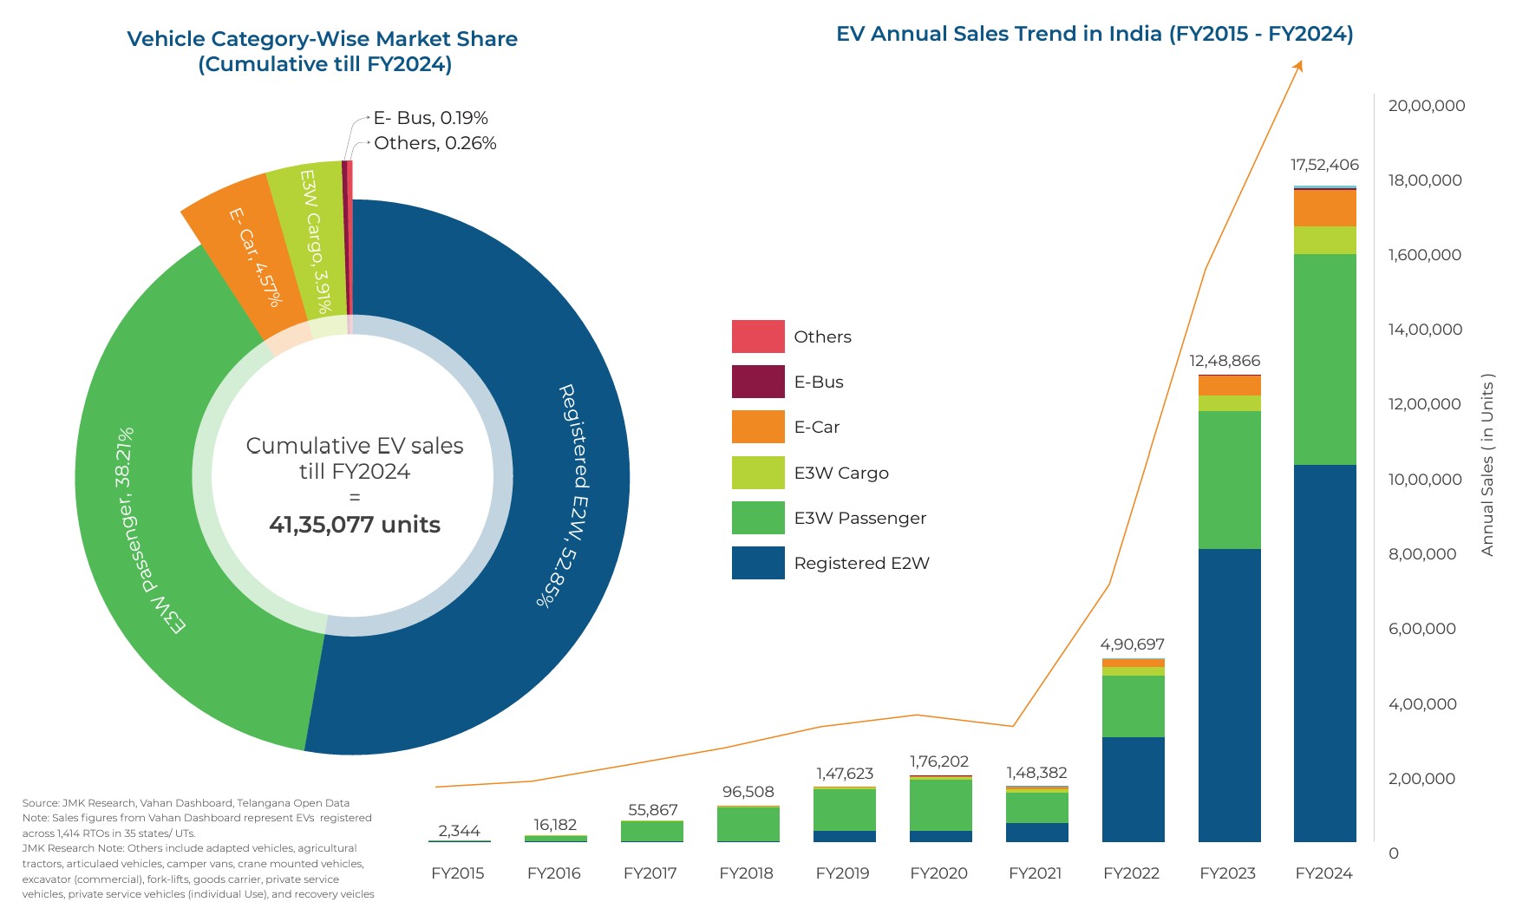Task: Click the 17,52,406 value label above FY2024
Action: (x=1324, y=165)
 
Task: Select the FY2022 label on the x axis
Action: (x=1131, y=873)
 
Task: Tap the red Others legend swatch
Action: (x=758, y=337)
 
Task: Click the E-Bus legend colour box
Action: (x=758, y=382)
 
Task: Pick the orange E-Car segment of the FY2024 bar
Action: (x=1324, y=208)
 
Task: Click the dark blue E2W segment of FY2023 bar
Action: (x=1229, y=694)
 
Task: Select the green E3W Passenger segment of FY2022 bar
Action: (x=1133, y=706)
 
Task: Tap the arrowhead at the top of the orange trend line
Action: (x=1298, y=65)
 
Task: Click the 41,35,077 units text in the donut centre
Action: (x=355, y=525)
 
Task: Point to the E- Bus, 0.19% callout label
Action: (x=430, y=118)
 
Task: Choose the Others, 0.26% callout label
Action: (x=435, y=143)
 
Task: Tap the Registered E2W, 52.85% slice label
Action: (x=572, y=494)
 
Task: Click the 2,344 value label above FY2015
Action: (x=459, y=831)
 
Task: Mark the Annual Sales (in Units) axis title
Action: (x=1487, y=465)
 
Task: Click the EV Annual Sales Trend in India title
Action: (x=1095, y=34)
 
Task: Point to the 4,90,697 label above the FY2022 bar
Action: (x=1132, y=644)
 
